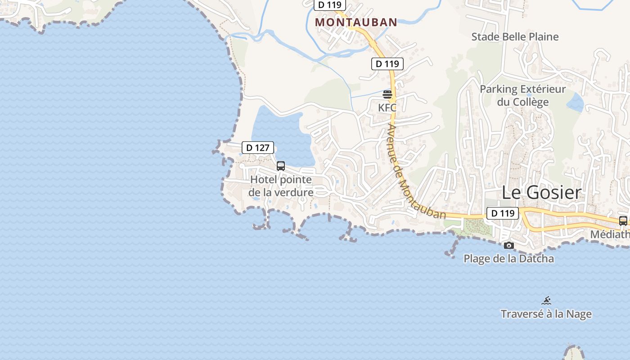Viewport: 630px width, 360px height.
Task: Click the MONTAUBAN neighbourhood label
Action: point(356,22)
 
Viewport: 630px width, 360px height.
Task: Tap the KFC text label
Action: point(387,108)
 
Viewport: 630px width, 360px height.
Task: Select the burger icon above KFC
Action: point(387,94)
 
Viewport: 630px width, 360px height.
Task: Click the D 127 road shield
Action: point(258,147)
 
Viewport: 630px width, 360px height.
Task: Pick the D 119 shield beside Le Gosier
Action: point(503,213)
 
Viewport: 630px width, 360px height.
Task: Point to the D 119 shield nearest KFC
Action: point(387,63)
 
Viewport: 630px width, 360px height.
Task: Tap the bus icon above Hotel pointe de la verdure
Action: point(281,166)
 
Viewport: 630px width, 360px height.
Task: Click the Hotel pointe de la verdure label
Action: point(281,186)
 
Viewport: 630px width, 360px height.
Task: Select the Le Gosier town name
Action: point(541,193)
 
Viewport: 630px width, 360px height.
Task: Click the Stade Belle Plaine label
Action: point(515,36)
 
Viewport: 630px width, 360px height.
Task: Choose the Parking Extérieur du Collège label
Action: point(523,95)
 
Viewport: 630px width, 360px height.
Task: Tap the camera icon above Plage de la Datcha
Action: point(509,245)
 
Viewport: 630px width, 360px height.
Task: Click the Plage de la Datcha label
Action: point(508,259)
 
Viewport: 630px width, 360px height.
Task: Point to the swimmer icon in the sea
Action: point(546,301)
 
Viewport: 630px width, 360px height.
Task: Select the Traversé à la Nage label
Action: point(546,314)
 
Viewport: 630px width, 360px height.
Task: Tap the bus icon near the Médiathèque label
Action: point(623,221)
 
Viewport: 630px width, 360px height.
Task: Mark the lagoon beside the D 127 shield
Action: point(279,135)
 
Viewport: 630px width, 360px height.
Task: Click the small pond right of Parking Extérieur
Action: point(576,103)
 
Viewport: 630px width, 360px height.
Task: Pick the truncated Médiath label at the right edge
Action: point(610,234)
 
